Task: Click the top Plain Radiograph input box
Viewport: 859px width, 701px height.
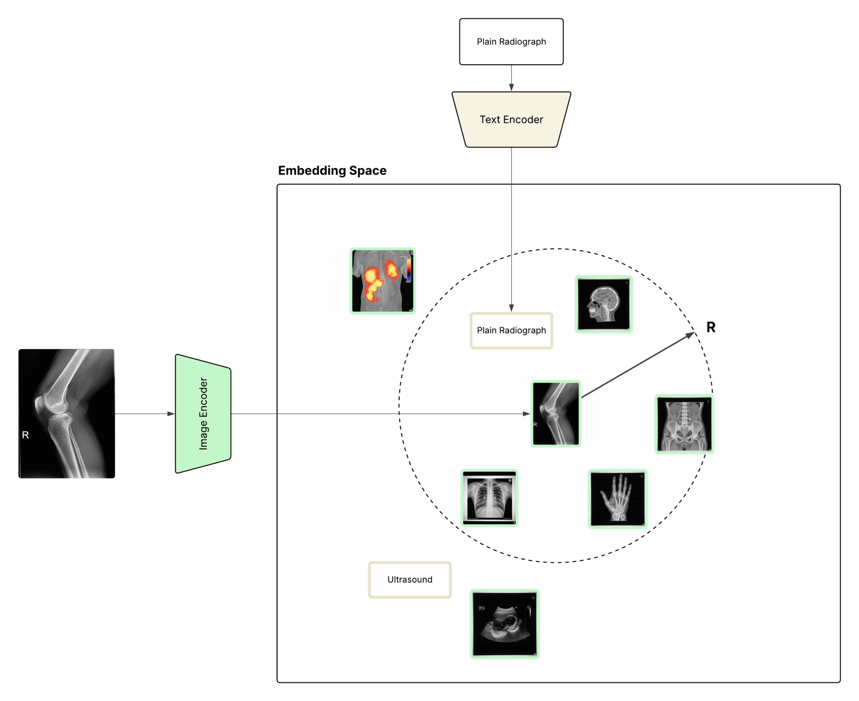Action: coord(511,41)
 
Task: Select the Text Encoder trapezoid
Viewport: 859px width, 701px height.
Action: coord(511,119)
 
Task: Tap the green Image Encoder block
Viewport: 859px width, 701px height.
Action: coord(203,413)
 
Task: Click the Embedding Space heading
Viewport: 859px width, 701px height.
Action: coord(332,171)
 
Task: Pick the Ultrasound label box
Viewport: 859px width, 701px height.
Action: coord(410,579)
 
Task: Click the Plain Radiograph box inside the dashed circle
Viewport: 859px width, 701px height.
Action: coord(511,330)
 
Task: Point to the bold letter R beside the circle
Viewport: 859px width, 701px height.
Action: coord(711,327)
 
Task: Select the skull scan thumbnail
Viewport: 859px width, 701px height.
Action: coord(603,304)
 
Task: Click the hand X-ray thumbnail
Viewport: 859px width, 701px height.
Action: coord(617,498)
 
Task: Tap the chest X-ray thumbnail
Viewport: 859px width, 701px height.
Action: coord(489,497)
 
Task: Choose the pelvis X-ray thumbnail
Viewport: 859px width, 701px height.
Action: coord(684,424)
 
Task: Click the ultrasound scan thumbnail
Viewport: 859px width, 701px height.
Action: coord(504,623)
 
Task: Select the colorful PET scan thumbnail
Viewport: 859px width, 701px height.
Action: coord(382,281)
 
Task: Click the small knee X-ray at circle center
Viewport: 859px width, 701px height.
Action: coord(556,413)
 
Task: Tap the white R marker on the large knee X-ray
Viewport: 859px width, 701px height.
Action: coord(26,435)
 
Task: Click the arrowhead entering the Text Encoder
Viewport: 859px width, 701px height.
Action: coord(511,88)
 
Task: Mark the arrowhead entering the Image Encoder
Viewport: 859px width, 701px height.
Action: coord(171,413)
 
